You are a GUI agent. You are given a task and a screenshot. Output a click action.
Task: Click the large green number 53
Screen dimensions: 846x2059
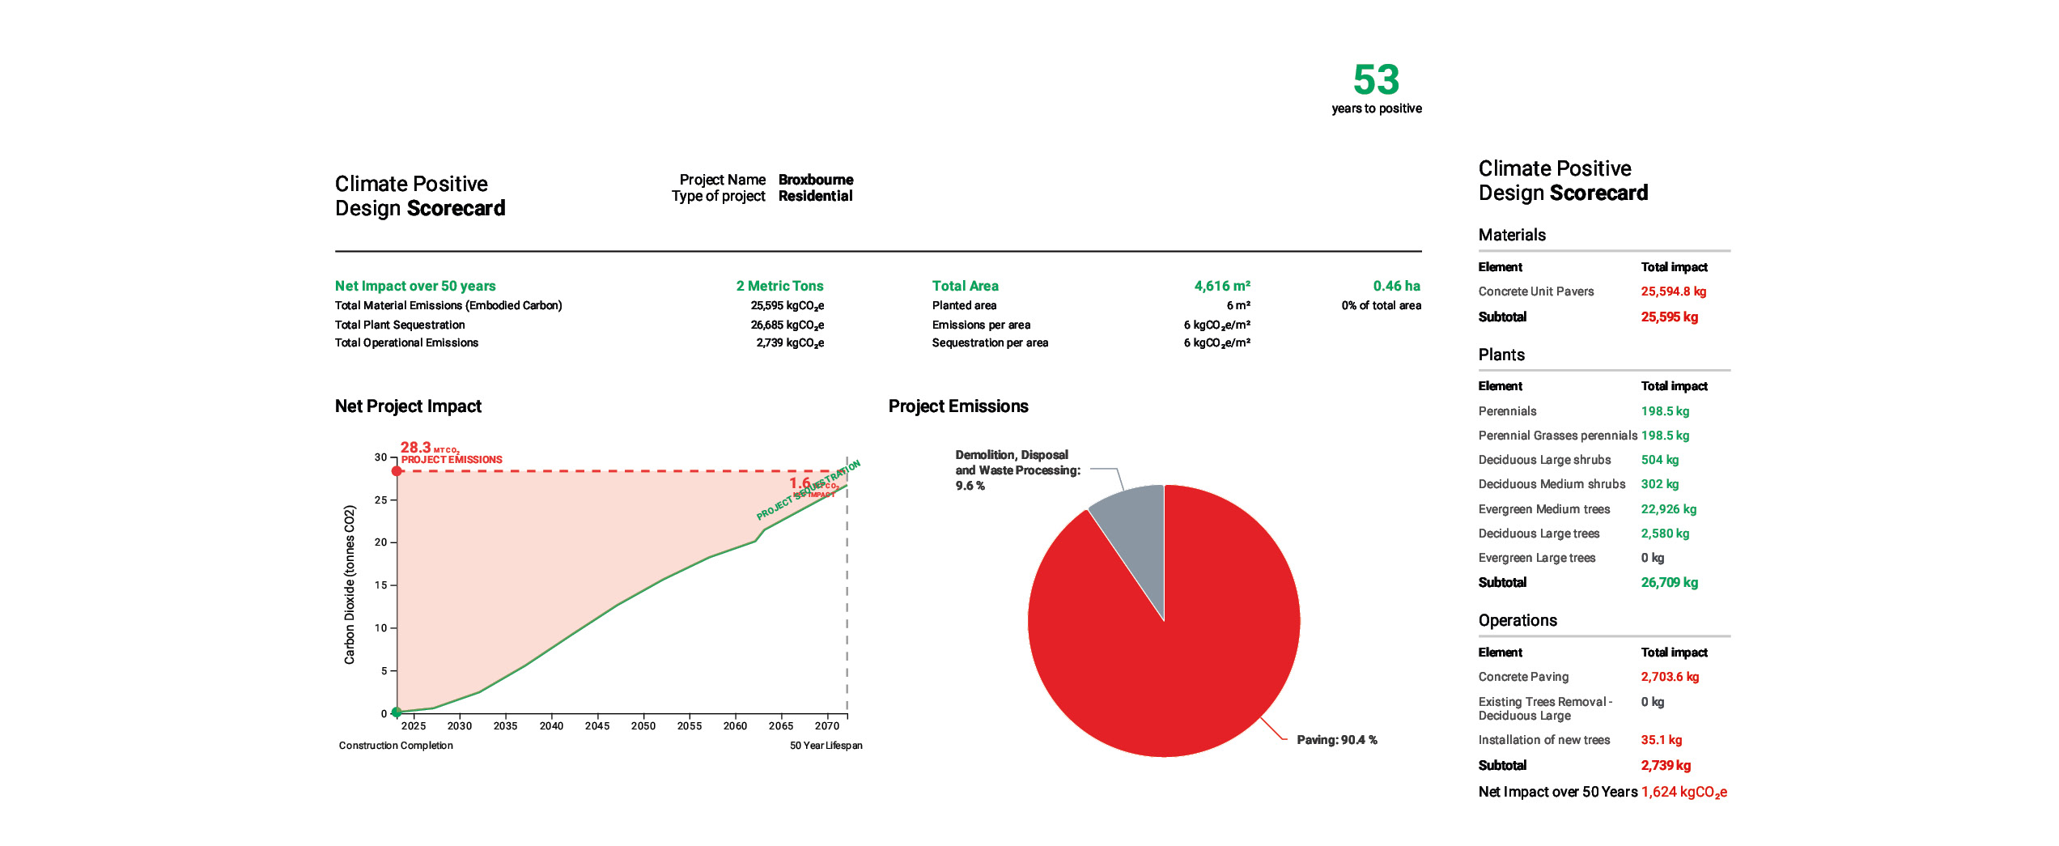pyautogui.click(x=1376, y=79)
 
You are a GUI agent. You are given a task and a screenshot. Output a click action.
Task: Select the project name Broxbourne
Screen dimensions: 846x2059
pyautogui.click(x=815, y=180)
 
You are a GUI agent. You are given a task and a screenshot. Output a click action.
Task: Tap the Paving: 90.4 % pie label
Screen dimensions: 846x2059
pyautogui.click(x=1336, y=740)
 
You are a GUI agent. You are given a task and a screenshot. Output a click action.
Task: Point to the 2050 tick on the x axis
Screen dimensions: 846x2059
pyautogui.click(x=643, y=725)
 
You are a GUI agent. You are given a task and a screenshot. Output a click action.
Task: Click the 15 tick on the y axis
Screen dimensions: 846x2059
pyautogui.click(x=381, y=585)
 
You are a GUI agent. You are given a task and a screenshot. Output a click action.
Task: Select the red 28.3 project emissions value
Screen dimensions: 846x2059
pyautogui.click(x=416, y=448)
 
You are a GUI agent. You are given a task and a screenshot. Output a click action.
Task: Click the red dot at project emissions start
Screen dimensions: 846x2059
pyautogui.click(x=397, y=471)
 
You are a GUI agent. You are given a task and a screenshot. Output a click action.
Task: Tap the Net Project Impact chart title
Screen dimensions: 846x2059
pyautogui.click(x=408, y=406)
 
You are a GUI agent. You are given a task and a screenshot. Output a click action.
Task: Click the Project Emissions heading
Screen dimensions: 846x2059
pyautogui.click(x=958, y=406)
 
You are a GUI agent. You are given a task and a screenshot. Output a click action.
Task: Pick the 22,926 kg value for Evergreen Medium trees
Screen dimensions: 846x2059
pyautogui.click(x=1668, y=509)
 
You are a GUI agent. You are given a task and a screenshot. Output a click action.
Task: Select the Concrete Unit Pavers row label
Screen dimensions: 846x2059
pyautogui.click(x=1535, y=291)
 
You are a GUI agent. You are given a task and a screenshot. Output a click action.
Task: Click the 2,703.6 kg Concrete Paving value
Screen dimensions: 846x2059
pyautogui.click(x=1670, y=677)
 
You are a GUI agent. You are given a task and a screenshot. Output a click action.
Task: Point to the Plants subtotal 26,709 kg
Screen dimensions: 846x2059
pyautogui.click(x=1669, y=583)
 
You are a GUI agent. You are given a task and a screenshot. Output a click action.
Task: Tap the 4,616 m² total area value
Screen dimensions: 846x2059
pyautogui.click(x=1222, y=286)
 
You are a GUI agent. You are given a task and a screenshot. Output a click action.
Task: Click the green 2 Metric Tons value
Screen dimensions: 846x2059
pyautogui.click(x=779, y=286)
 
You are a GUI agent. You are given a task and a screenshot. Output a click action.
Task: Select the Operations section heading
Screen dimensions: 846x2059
pyautogui.click(x=1518, y=621)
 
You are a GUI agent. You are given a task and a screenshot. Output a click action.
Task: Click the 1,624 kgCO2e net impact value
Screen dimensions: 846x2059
pyautogui.click(x=1683, y=792)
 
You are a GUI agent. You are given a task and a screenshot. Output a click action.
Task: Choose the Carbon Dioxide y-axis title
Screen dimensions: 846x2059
pyautogui.click(x=350, y=585)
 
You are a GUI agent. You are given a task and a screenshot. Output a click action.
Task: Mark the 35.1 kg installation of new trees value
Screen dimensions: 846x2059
pyautogui.click(x=1661, y=740)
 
